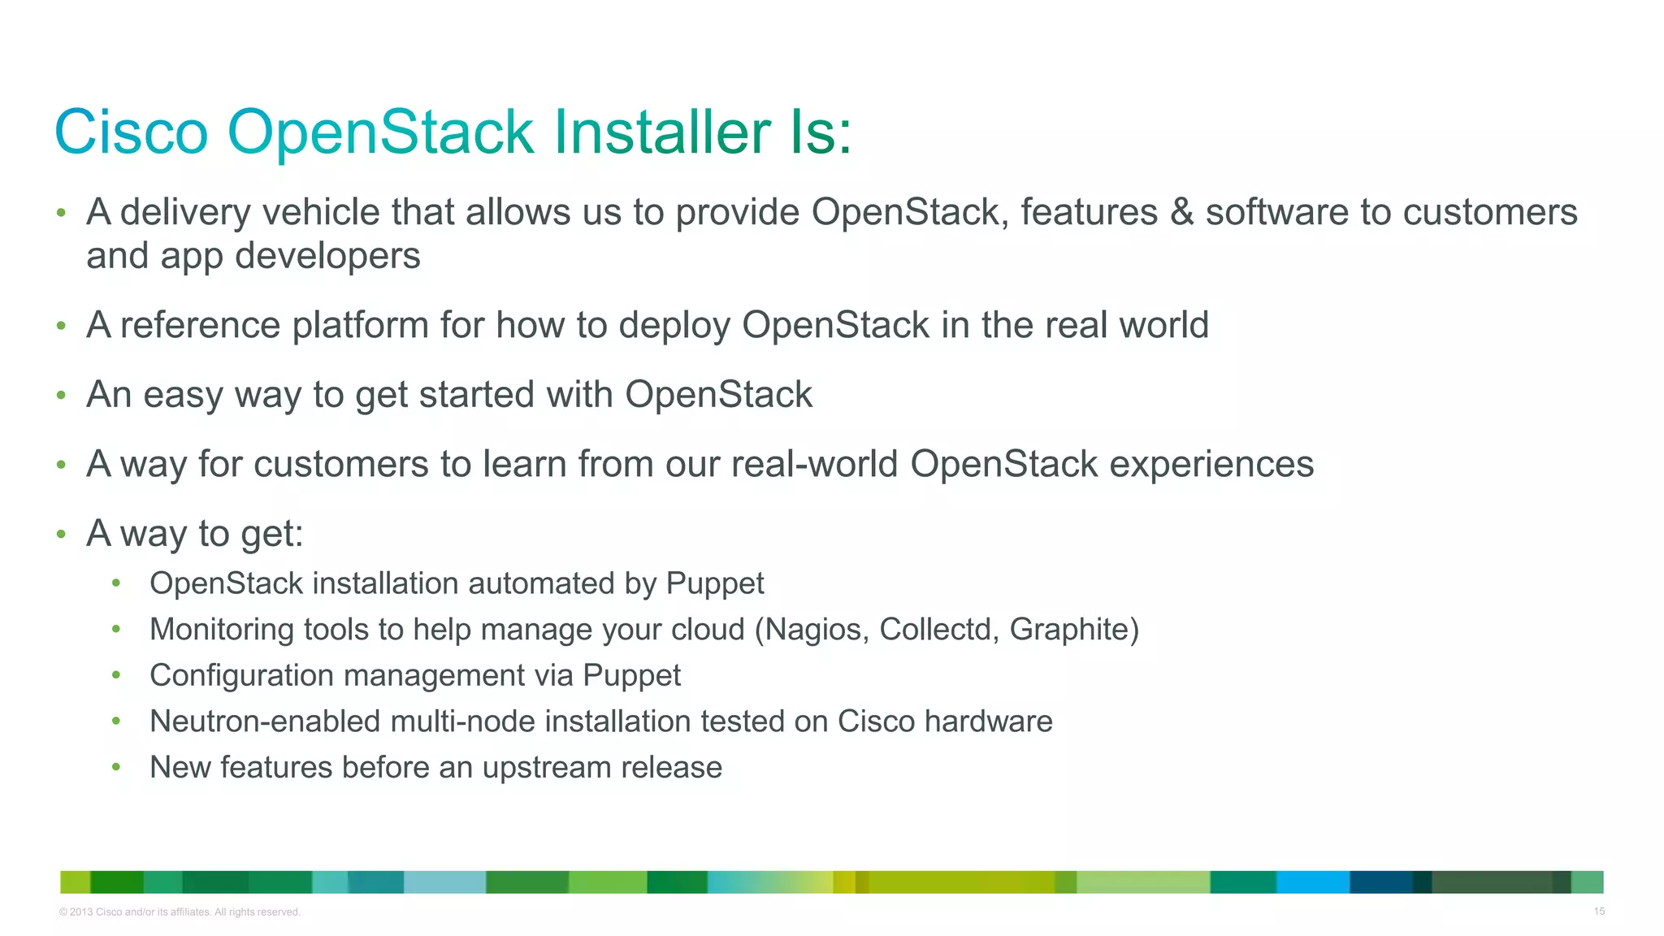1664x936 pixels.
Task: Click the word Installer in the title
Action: (x=662, y=132)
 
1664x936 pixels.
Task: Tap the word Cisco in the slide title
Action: (x=132, y=132)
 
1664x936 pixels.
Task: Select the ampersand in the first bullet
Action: (x=1182, y=213)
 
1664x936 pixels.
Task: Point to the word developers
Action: (x=327, y=257)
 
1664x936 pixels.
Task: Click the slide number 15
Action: (x=1598, y=912)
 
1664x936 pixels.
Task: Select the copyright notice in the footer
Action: (x=180, y=912)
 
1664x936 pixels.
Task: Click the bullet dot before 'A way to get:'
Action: (x=61, y=535)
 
